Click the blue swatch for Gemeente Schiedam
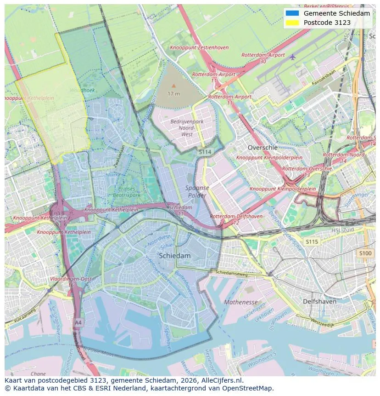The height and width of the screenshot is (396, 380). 292,13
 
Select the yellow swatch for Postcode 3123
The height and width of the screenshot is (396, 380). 292,23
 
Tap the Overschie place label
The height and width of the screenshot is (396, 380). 263,148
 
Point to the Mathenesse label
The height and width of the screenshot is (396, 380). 241,302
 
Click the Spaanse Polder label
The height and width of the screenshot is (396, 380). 197,191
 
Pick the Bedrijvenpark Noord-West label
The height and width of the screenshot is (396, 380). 187,127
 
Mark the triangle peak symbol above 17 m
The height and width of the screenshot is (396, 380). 173,86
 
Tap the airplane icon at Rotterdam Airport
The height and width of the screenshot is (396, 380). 292,57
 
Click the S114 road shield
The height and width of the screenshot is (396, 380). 205,151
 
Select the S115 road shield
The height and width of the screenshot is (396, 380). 312,241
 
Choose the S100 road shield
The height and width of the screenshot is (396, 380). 365,253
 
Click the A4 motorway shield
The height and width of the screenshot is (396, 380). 78,322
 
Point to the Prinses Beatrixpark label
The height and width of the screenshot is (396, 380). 127,192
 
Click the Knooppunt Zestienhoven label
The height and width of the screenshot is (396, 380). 199,47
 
